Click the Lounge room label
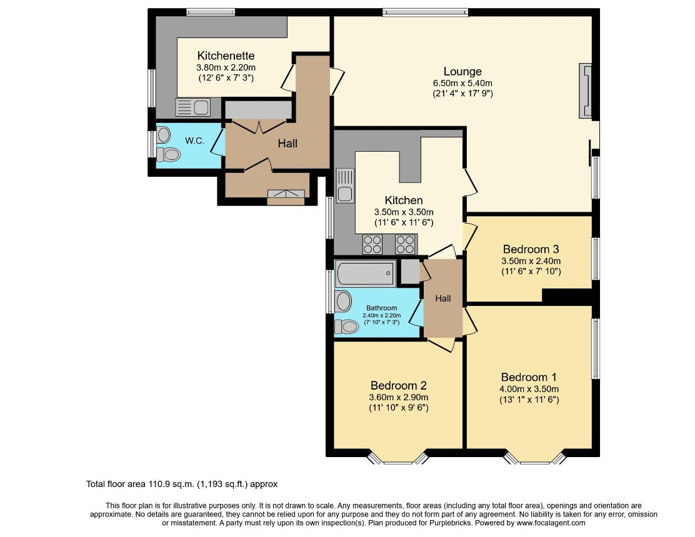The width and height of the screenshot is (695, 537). pyautogui.click(x=462, y=71)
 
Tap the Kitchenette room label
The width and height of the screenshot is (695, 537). pyautogui.click(x=226, y=56)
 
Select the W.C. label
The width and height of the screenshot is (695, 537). pyautogui.click(x=194, y=140)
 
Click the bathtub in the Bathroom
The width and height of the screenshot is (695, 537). pyautogui.click(x=365, y=273)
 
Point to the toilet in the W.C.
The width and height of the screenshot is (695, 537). pyautogui.click(x=168, y=154)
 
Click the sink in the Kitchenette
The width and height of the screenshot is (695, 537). pyautogui.click(x=192, y=107)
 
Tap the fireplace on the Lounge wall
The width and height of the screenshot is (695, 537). pyautogui.click(x=586, y=91)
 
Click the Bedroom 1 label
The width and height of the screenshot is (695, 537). pyautogui.click(x=529, y=377)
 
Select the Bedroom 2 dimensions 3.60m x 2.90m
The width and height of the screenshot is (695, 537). pyautogui.click(x=399, y=397)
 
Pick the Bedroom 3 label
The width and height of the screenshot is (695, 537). pyautogui.click(x=531, y=249)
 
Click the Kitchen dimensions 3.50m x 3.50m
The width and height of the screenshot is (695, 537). pyautogui.click(x=404, y=212)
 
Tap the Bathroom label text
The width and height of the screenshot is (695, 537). pyautogui.click(x=382, y=308)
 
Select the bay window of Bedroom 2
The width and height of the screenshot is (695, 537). pyautogui.click(x=398, y=458)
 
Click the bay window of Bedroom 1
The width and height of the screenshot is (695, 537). pyautogui.click(x=535, y=458)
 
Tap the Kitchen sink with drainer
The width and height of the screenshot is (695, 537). pyautogui.click(x=345, y=185)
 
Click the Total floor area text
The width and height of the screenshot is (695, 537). pyautogui.click(x=182, y=484)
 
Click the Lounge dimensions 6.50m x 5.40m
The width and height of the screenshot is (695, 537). pyautogui.click(x=462, y=83)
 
